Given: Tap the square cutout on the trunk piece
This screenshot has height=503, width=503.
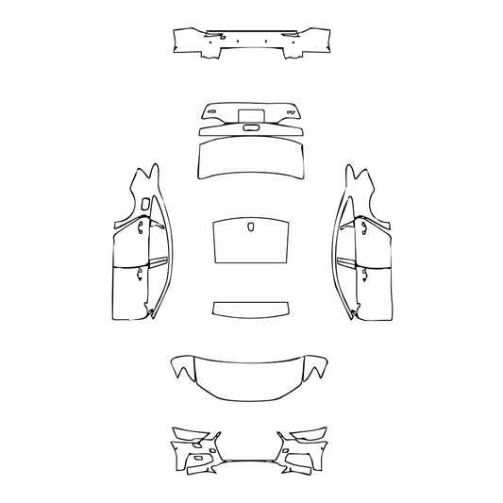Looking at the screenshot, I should [250, 115].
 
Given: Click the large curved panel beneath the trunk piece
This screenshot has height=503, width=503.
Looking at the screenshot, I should [251, 160].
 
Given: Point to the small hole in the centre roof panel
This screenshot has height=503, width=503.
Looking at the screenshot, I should [251, 226].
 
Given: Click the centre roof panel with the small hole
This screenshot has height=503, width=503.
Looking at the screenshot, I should [251, 243].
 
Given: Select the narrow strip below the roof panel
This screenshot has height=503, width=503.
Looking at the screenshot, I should [251, 310].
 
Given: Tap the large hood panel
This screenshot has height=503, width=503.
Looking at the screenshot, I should [251, 376].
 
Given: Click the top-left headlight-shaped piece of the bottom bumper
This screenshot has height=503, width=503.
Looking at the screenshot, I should [190, 437].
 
